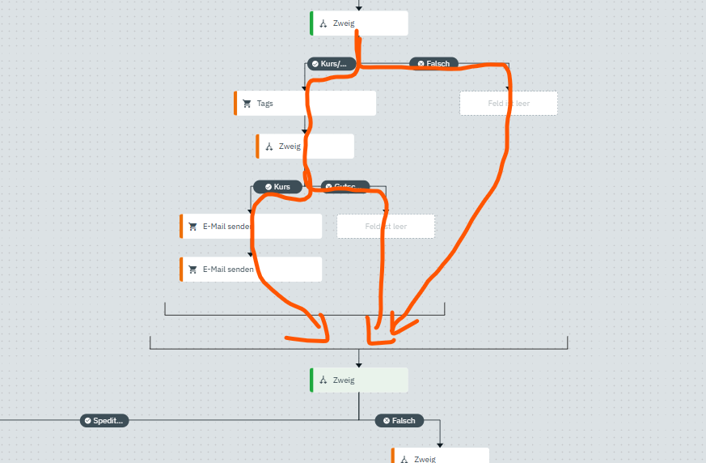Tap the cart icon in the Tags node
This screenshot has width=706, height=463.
[247, 104]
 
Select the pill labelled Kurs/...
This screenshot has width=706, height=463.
[332, 63]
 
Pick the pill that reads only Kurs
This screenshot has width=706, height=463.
[277, 187]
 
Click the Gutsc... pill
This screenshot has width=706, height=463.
[345, 187]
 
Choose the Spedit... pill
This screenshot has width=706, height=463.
[104, 421]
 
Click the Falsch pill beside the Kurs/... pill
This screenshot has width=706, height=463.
[433, 63]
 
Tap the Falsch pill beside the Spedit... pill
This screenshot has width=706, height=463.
[400, 421]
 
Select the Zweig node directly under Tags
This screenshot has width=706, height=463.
[306, 147]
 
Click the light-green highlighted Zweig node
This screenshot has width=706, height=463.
[359, 380]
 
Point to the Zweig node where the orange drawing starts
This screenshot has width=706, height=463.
[359, 23]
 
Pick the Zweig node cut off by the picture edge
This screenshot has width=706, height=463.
[441, 457]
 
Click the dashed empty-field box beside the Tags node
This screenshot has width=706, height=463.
[508, 104]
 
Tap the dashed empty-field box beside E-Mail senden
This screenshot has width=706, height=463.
[386, 227]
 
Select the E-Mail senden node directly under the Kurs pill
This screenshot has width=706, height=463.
[251, 227]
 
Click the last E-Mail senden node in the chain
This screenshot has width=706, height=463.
[251, 270]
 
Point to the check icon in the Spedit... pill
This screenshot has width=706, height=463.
[87, 421]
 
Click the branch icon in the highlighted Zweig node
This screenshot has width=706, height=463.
[323, 380]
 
